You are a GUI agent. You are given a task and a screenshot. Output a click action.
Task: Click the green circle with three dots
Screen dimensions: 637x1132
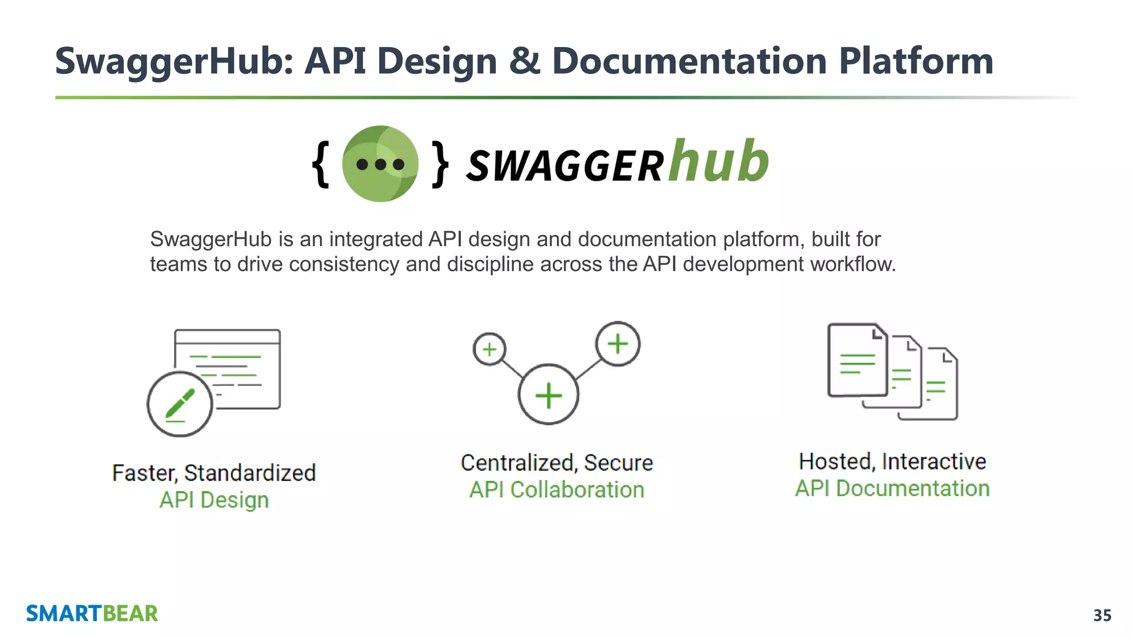[x=380, y=164]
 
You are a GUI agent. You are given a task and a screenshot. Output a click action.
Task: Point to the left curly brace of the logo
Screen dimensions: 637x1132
[x=321, y=164]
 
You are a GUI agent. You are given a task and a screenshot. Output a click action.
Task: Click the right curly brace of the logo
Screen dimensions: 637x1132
[x=440, y=164]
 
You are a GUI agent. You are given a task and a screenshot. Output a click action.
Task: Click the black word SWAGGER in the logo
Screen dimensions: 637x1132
[x=565, y=166]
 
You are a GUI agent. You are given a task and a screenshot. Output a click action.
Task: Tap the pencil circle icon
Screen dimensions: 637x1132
[x=180, y=404]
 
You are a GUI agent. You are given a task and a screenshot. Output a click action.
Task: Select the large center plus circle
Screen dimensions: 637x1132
[x=548, y=395]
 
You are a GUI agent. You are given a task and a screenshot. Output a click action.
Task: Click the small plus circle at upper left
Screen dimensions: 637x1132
[x=490, y=349]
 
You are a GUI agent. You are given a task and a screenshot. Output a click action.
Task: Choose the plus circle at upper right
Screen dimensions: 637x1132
[x=618, y=344]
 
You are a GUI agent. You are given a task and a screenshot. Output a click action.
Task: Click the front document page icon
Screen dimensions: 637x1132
[x=857, y=360]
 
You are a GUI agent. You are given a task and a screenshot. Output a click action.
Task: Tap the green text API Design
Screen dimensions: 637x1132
[x=214, y=500]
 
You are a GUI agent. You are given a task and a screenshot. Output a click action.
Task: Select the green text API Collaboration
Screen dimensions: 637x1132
[x=557, y=490]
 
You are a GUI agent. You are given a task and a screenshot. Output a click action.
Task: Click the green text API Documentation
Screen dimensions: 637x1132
[x=892, y=489]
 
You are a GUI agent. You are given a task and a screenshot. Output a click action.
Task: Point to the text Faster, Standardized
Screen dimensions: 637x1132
[x=214, y=473]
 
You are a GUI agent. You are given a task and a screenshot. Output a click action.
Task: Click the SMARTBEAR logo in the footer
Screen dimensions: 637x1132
[x=92, y=614]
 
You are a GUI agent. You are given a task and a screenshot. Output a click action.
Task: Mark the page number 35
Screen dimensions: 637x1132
[x=1102, y=615]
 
